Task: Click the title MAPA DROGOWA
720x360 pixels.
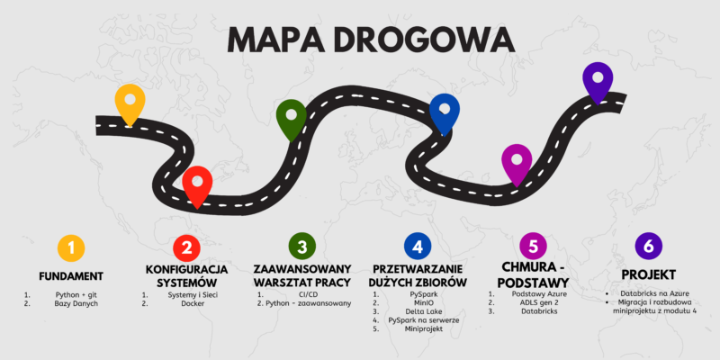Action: pyautogui.click(x=360, y=40)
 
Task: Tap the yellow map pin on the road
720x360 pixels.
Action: pyautogui.click(x=130, y=101)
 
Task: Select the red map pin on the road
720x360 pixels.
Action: pyautogui.click(x=197, y=184)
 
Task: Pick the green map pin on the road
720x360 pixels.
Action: pyautogui.click(x=291, y=116)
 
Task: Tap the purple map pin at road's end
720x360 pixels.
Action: pyautogui.click(x=598, y=80)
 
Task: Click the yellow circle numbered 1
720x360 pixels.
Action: pyautogui.click(x=71, y=247)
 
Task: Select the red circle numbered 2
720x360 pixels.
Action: pyautogui.click(x=186, y=247)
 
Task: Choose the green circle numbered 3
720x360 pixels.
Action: pyautogui.click(x=302, y=247)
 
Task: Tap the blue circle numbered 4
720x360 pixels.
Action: pyautogui.click(x=418, y=247)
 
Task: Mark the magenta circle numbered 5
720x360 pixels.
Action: pyautogui.click(x=534, y=247)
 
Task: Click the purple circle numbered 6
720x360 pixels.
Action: pyautogui.click(x=649, y=247)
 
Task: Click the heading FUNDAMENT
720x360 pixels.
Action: pyautogui.click(x=71, y=275)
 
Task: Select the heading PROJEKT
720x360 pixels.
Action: pyautogui.click(x=649, y=274)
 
